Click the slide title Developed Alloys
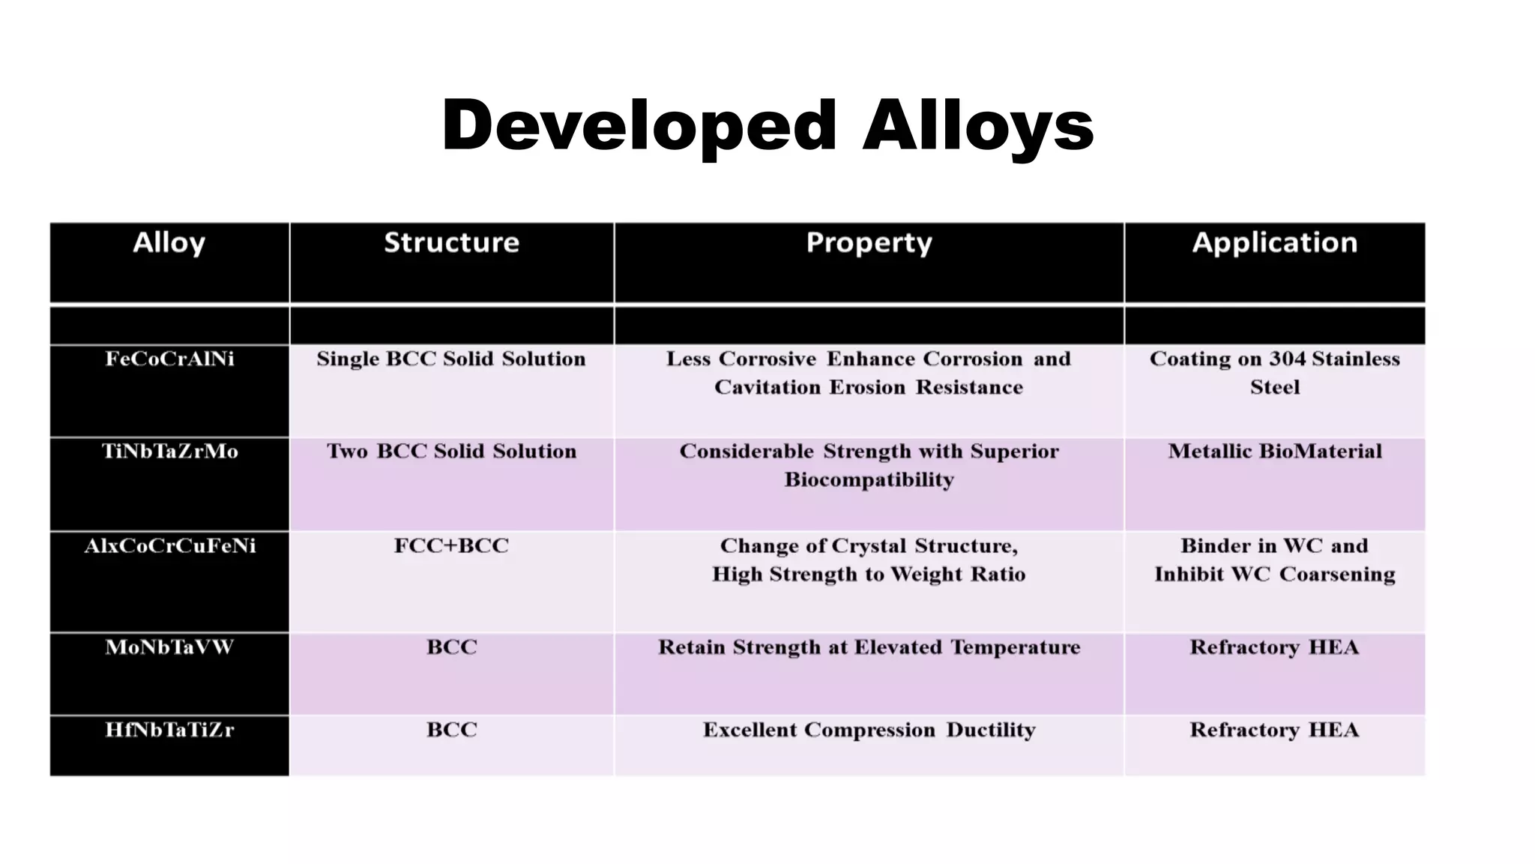click(767, 125)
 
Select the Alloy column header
click(169, 243)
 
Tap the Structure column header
click(451, 243)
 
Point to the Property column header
click(869, 243)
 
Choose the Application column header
click(1274, 243)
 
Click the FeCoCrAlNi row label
click(169, 359)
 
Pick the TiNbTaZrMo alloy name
click(169, 451)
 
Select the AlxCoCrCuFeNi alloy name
click(169, 546)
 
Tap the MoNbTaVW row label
click(169, 647)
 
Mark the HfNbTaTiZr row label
click(169, 730)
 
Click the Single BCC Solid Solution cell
click(451, 359)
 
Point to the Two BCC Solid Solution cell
click(451, 451)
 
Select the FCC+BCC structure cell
click(451, 546)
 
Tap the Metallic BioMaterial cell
click(1274, 451)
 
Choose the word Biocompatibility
click(869, 480)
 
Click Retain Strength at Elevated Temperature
click(869, 647)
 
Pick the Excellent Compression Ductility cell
click(869, 730)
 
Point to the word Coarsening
click(1337, 574)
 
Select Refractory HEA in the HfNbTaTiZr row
click(1274, 730)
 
